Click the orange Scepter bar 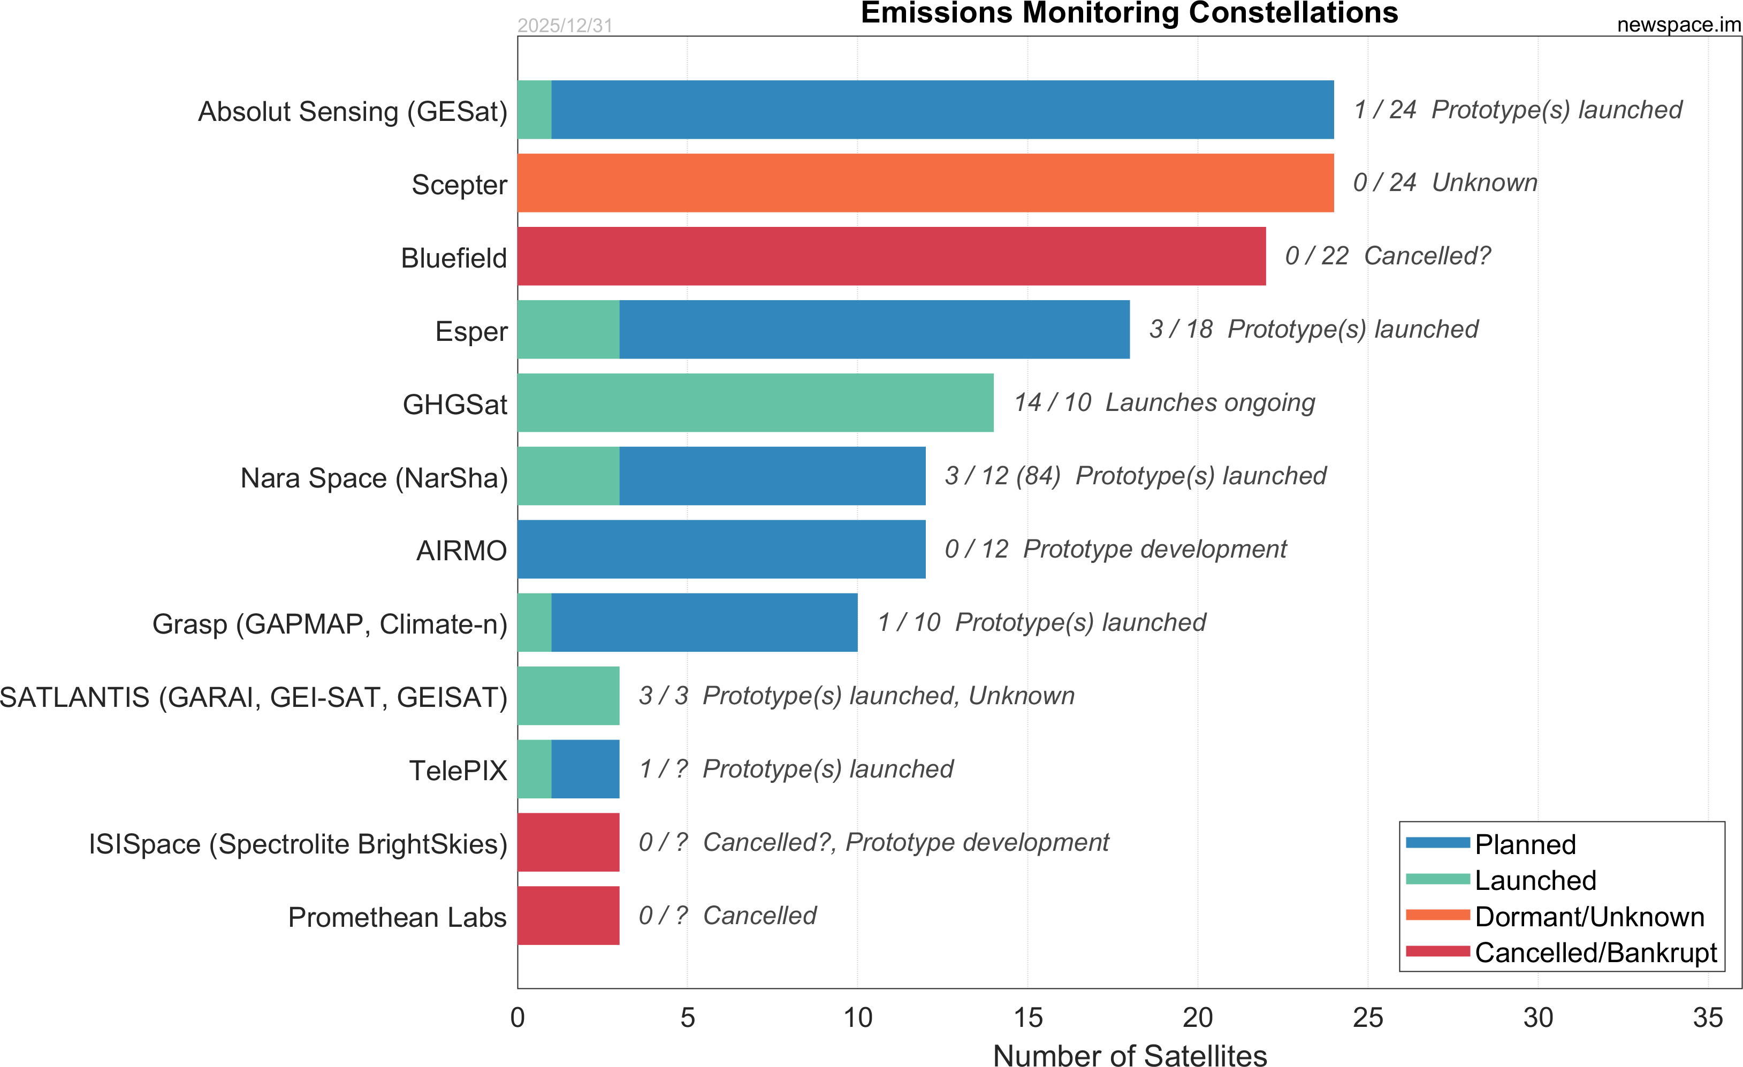point(925,183)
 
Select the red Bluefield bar point(892,256)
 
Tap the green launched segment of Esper point(568,330)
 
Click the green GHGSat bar point(756,403)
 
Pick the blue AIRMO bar point(721,550)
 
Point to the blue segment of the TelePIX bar point(585,769)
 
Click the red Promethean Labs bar point(568,916)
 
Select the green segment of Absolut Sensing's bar point(534,110)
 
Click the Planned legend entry point(1525,844)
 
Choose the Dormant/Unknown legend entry point(1589,917)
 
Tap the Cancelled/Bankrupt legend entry point(1595,952)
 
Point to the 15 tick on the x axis point(1028,1018)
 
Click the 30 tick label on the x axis point(1538,1018)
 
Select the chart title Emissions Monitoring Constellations point(1129,13)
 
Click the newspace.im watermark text point(1678,25)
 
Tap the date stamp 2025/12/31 point(565,26)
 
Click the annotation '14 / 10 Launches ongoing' point(1164,403)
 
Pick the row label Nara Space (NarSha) point(374,478)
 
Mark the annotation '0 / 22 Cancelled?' point(1387,256)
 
